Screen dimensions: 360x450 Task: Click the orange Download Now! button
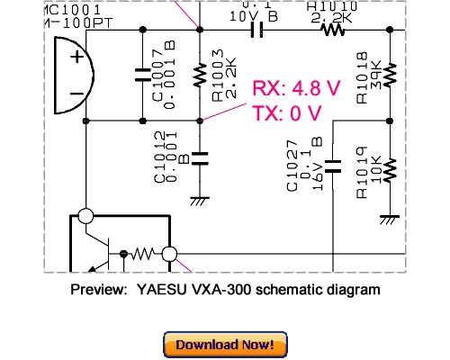[225, 345]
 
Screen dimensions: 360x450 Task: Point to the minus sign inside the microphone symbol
[77, 94]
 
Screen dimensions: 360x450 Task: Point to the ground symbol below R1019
[390, 218]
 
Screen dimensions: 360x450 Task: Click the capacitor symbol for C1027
[334, 166]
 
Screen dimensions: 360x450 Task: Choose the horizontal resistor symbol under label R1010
[332, 30]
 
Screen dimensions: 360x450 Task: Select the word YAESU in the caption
[158, 290]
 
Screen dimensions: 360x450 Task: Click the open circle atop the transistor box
[85, 216]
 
